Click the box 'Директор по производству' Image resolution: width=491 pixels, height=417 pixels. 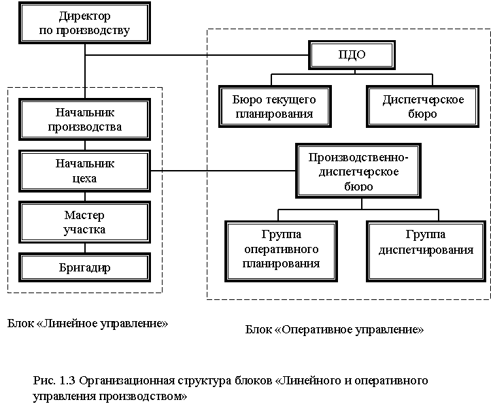click(84, 23)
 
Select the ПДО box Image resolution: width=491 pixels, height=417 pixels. click(352, 55)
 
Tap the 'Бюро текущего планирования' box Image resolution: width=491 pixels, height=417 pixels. click(275, 107)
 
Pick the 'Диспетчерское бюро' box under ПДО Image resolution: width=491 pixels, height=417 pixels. click(423, 107)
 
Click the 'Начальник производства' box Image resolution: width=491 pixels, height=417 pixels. click(84, 119)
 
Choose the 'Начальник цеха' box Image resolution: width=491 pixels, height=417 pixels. click(84, 171)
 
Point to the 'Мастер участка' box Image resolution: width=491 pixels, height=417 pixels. click(84, 222)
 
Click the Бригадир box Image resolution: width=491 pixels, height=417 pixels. click(84, 267)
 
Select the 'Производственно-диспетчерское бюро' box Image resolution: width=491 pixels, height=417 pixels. click(358, 171)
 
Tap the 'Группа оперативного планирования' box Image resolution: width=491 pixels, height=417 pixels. click(281, 252)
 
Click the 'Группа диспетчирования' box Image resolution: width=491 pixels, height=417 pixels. click(426, 252)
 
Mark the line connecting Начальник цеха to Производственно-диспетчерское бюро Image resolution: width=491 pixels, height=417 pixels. click(223, 171)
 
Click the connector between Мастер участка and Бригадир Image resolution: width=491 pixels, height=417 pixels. click(85, 248)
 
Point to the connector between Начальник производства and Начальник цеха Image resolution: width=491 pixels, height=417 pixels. click(85, 145)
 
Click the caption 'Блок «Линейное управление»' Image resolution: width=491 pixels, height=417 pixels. click(88, 323)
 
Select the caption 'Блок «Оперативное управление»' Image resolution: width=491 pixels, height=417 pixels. click(335, 330)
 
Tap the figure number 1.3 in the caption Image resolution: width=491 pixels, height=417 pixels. click(67, 380)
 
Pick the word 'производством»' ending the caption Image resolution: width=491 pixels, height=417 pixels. click(143, 397)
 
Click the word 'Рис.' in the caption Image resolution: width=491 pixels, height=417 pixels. click(44, 381)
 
